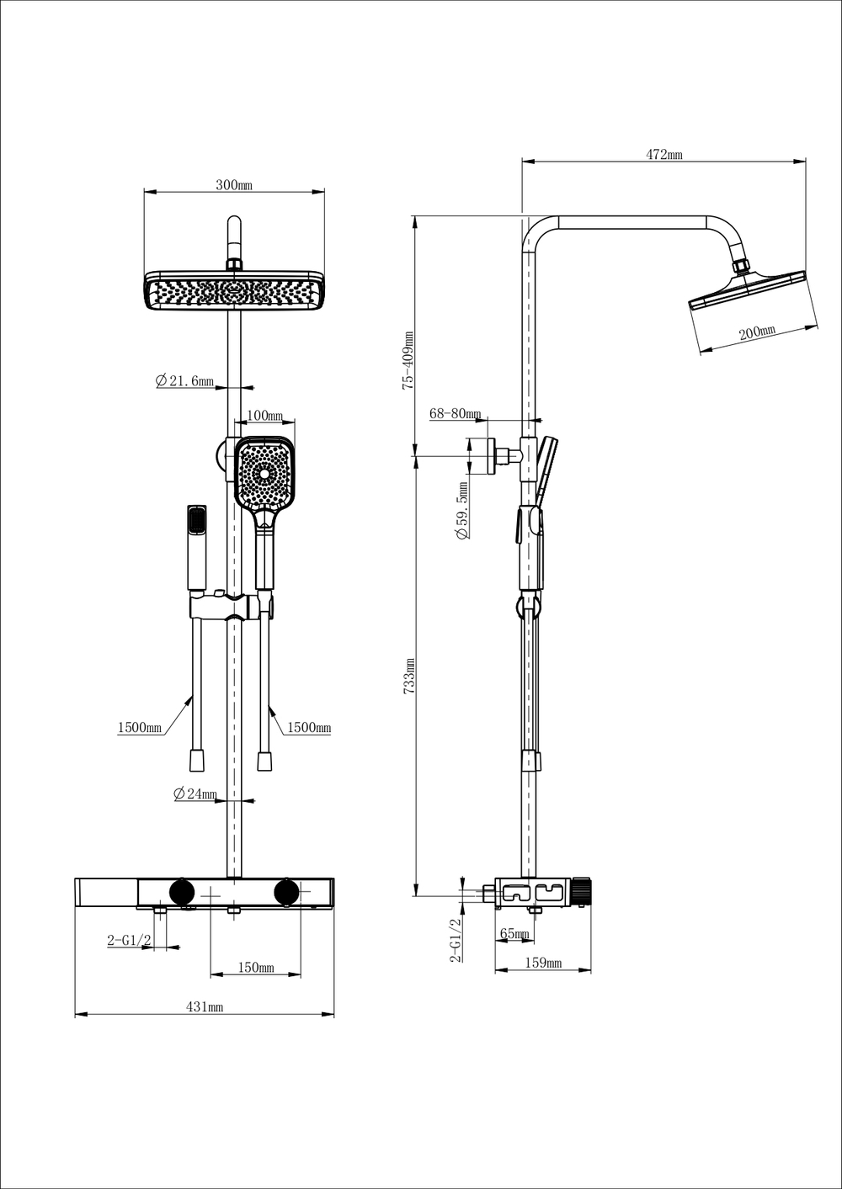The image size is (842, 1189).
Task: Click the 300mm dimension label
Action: click(x=233, y=185)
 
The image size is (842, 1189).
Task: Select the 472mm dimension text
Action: click(x=663, y=154)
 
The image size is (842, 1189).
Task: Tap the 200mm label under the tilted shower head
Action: click(x=756, y=332)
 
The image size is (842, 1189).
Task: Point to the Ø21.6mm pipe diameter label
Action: click(x=184, y=381)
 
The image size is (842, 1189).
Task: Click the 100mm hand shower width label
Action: click(x=264, y=416)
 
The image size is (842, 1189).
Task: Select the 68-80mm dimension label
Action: click(x=455, y=413)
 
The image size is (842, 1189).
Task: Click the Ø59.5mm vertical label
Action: click(x=462, y=511)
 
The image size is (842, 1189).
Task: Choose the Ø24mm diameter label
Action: click(x=195, y=794)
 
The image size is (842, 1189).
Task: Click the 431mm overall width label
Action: click(x=205, y=1006)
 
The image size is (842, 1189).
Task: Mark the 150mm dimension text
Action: click(x=256, y=968)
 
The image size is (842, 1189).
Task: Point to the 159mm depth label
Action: click(x=543, y=963)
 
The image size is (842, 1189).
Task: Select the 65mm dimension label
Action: click(x=514, y=933)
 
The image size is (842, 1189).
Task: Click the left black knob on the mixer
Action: click(x=181, y=891)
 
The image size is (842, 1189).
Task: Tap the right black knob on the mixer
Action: click(x=287, y=891)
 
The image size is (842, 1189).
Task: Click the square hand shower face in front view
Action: click(x=265, y=474)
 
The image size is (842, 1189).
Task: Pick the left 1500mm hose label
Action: click(x=140, y=727)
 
